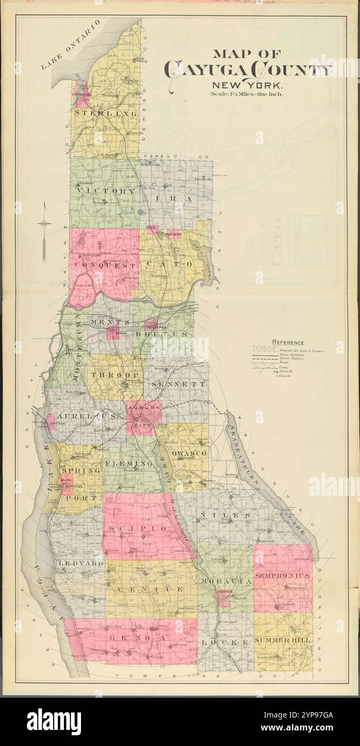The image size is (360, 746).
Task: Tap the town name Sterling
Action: (106, 114)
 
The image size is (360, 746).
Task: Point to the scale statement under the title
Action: (248, 94)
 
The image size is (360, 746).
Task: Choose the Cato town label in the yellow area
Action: (174, 265)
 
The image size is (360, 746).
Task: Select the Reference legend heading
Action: (288, 342)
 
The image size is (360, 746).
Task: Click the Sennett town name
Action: (178, 384)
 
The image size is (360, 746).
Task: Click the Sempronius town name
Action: (282, 575)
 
